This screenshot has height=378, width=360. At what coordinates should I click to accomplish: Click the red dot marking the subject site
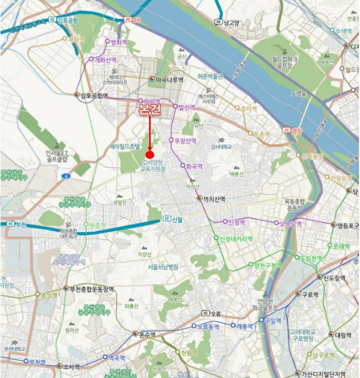(x=150, y=155)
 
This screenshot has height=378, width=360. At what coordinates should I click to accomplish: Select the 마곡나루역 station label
(x=169, y=79)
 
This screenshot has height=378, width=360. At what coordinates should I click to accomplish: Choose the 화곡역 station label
(x=193, y=166)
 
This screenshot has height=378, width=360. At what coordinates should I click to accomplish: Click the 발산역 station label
(x=186, y=107)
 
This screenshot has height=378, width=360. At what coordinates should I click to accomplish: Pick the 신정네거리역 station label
(x=238, y=238)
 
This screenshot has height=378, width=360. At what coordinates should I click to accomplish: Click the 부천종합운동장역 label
(x=92, y=289)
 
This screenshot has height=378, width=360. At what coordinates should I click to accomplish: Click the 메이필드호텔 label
(x=125, y=146)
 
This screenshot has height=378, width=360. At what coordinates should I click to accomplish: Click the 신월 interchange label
(x=177, y=219)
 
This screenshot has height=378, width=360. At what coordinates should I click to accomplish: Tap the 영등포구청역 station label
(x=348, y=225)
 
